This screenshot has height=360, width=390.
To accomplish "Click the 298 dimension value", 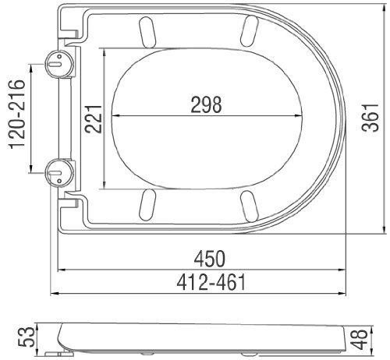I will click(x=205, y=104).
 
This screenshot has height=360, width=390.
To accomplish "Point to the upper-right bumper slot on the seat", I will click(x=249, y=32).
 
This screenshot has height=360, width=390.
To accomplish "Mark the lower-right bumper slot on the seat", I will click(x=249, y=206).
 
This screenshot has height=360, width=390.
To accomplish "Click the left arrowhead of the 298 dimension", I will click(x=113, y=118).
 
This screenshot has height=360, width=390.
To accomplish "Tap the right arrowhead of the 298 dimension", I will click(x=300, y=118).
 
